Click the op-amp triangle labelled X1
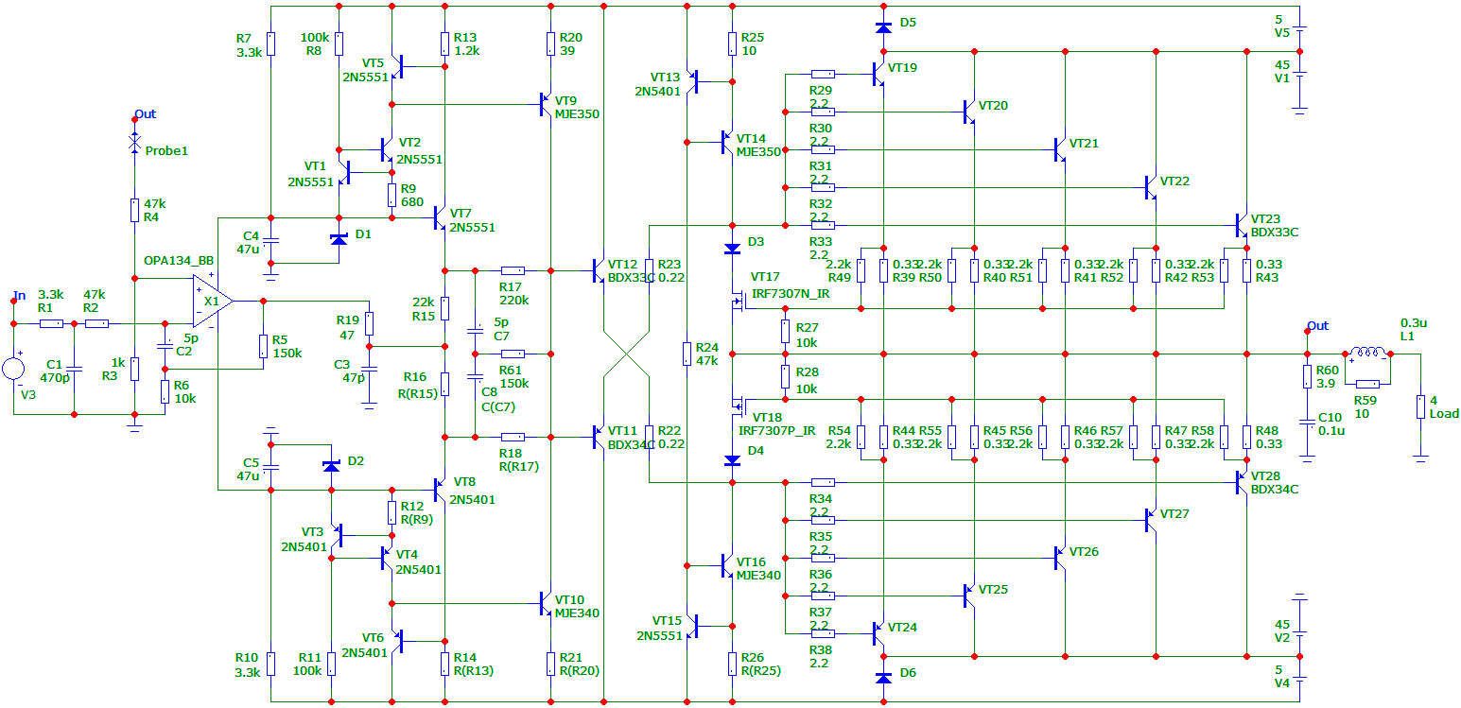coord(213,302)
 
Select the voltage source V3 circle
coord(13,369)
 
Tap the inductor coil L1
coord(1367,353)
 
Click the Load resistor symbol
coord(1420,406)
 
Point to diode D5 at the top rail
coord(883,27)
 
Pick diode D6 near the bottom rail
coord(883,678)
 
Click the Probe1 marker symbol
coord(134,142)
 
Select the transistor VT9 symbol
coord(546,104)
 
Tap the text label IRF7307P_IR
coord(776,431)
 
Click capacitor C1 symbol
coord(74,369)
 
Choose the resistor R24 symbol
coord(687,354)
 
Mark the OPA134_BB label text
coord(178,261)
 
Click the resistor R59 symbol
coord(1367,384)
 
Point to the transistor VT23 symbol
coord(1242,225)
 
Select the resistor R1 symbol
coord(51,323)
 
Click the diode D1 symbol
coord(339,239)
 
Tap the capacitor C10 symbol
coord(1307,423)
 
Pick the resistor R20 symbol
coord(550,43)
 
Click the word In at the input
coord(20,295)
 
